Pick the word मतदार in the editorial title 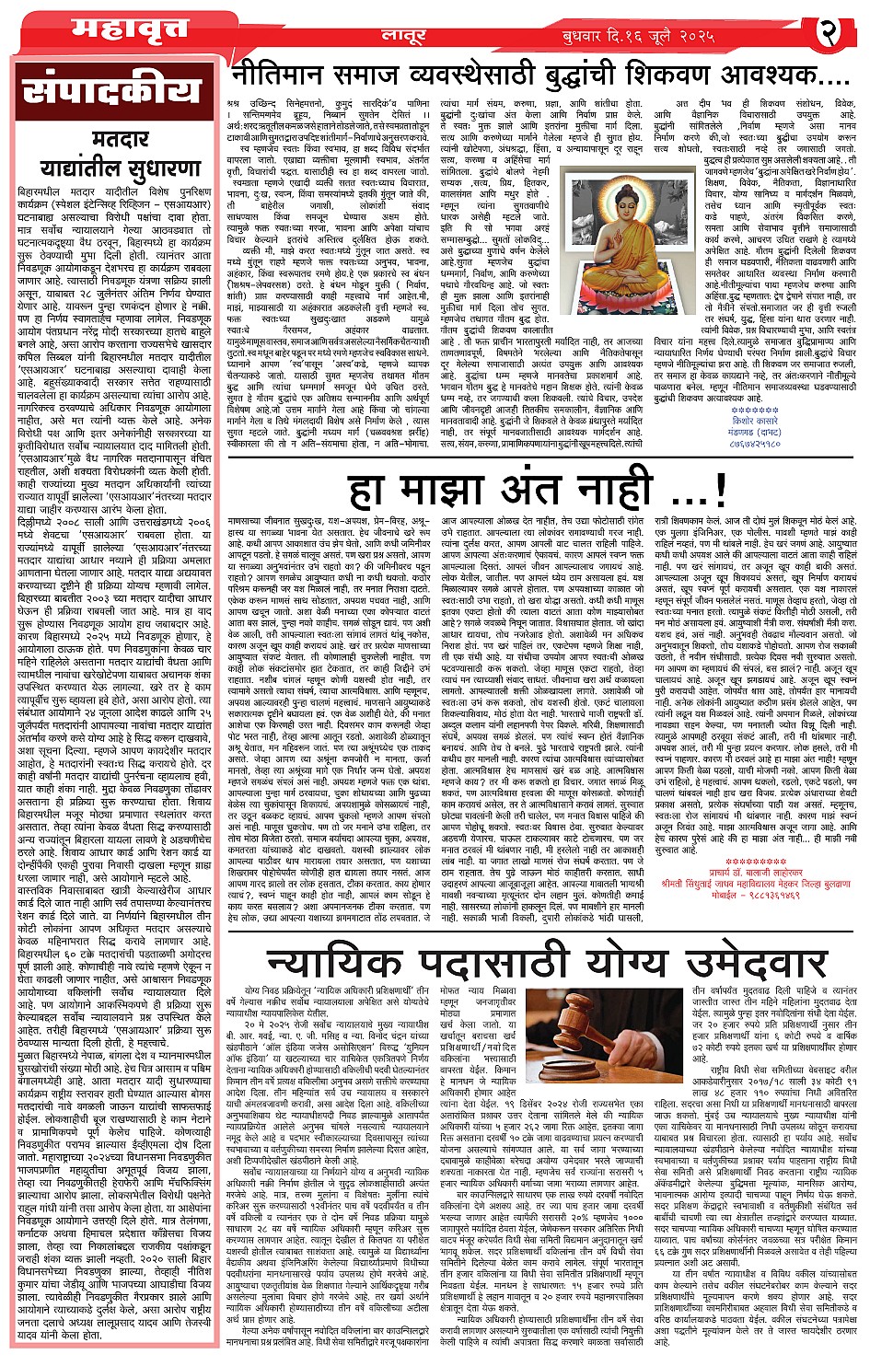(121, 140)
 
